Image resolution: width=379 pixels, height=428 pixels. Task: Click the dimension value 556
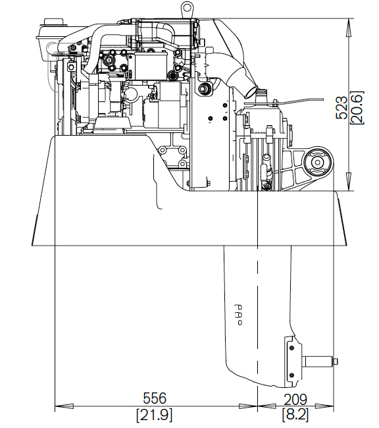pyautogui.click(x=155, y=398)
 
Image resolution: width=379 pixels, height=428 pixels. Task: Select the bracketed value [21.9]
pyautogui.click(x=155, y=415)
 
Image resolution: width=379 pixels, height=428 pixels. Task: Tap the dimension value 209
pyautogui.click(x=295, y=400)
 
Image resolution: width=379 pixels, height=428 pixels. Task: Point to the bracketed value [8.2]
pyautogui.click(x=295, y=415)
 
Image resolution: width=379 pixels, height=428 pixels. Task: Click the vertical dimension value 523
pyautogui.click(x=341, y=107)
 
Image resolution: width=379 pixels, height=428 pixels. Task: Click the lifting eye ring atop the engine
pyautogui.click(x=187, y=7)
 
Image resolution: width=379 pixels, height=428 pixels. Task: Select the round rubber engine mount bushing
pyautogui.click(x=318, y=162)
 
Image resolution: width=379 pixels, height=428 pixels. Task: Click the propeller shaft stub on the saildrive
pyautogui.click(x=318, y=361)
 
